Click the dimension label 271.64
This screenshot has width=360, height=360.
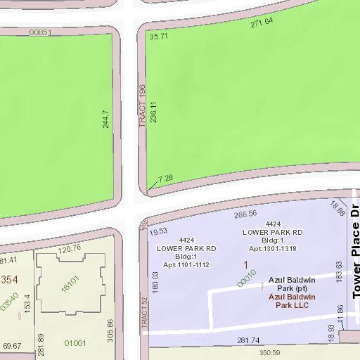coord(262,22)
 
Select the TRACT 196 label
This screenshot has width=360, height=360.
coord(141,105)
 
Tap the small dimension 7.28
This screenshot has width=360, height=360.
coord(165,179)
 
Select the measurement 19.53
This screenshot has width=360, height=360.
coord(158,231)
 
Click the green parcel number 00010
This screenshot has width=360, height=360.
coord(247,278)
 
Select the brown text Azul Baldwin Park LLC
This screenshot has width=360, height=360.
coord(292,301)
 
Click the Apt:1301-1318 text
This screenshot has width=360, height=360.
coord(272,249)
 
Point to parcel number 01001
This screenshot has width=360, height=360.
coord(75,343)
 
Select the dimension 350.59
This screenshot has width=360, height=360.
coord(269,352)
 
